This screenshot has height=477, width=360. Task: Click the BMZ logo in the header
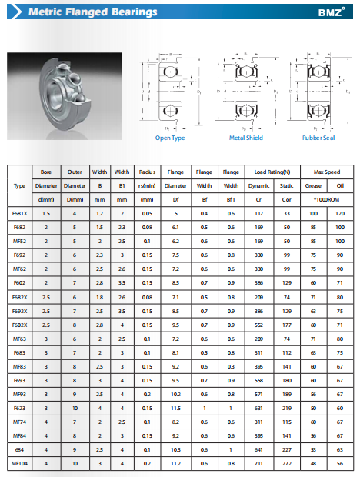coord(331,12)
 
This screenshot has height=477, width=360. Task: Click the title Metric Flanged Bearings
coord(93,12)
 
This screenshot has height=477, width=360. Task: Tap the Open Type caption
coord(170,138)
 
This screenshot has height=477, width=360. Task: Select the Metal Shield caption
coord(246,138)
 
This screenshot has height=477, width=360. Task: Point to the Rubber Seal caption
coord(318,138)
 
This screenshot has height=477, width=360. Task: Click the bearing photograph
coord(64,96)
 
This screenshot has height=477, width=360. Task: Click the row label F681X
coord(19,214)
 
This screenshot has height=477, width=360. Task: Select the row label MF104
coord(19,464)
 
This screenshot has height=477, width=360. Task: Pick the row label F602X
coord(19,325)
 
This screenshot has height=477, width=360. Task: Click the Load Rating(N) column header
coord(272,172)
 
